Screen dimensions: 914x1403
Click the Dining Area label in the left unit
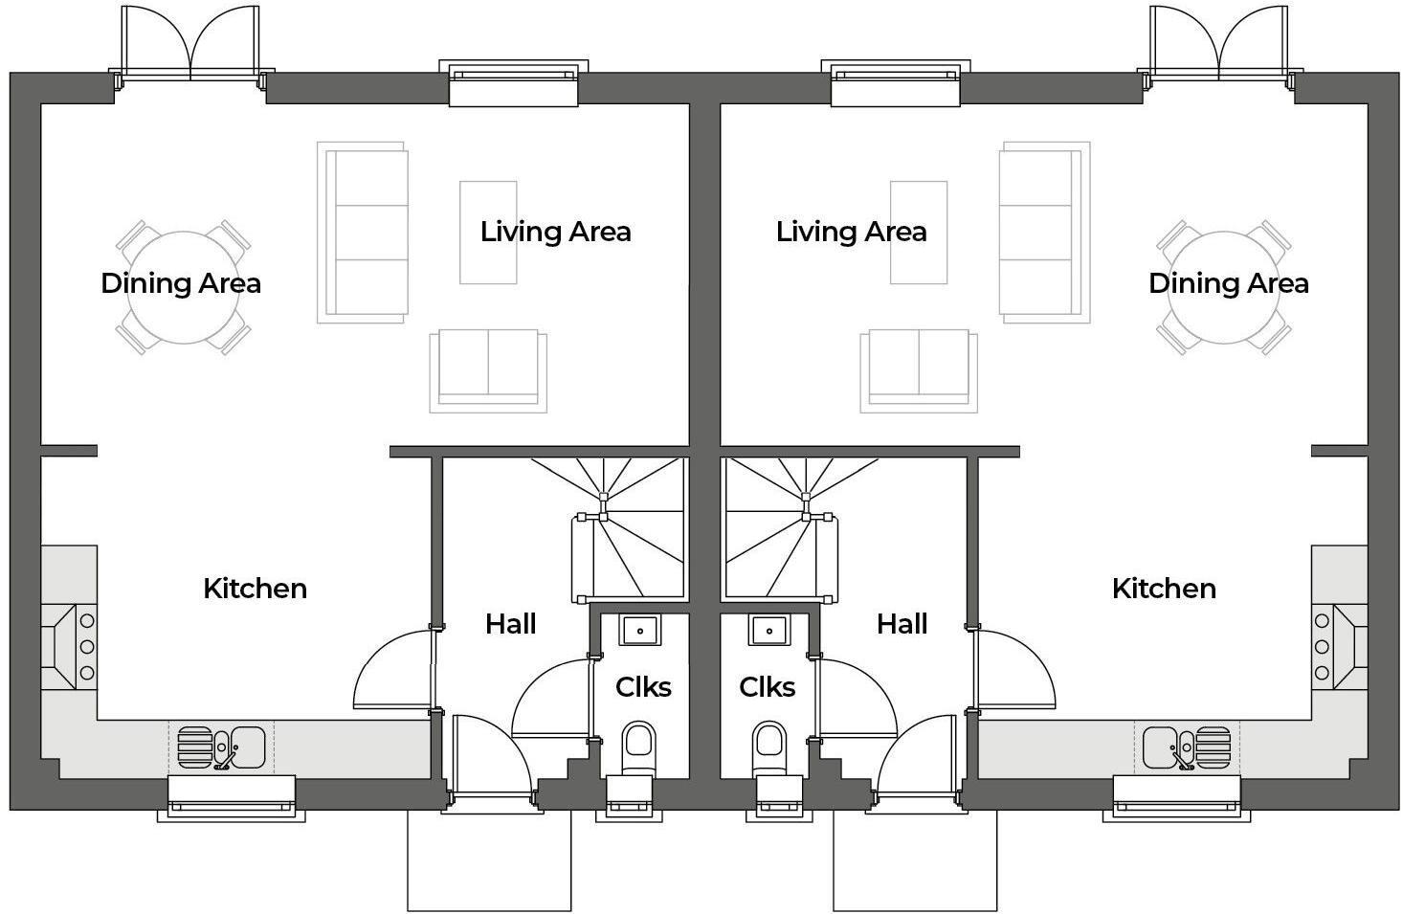coord(181,283)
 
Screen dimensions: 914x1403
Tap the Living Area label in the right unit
coord(851,232)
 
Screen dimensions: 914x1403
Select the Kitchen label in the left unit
coord(255,589)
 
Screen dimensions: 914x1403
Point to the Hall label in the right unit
coord(902,624)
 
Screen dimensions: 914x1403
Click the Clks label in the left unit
coord(643,687)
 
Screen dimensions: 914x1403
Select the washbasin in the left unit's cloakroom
coord(638,631)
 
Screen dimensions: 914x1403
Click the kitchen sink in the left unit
coord(222,747)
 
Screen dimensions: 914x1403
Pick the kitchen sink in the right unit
coord(1186,747)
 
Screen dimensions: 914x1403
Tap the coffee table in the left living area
coord(488,233)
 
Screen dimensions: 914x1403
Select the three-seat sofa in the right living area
coord(1040,233)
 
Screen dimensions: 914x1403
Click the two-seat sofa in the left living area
coord(488,368)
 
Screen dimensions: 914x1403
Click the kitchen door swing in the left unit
coord(392,670)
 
